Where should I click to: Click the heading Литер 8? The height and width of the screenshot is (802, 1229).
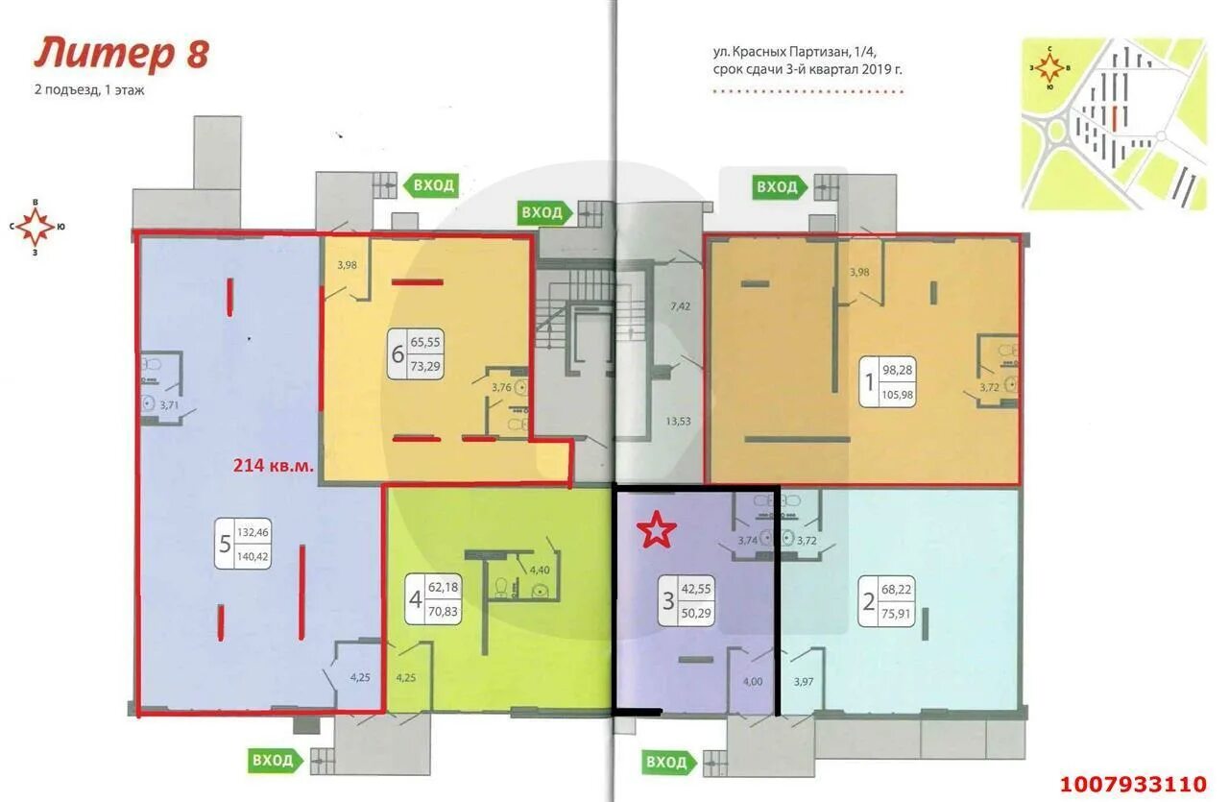[122, 54]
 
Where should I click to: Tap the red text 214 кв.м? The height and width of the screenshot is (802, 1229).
[274, 466]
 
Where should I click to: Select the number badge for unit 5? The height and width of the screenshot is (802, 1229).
[243, 544]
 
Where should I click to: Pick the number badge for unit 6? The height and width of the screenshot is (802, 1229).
[416, 353]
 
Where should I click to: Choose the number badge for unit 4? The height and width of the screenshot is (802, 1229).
[433, 599]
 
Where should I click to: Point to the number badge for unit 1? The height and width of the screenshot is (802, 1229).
[886, 381]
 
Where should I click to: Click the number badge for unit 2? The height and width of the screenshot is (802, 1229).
[886, 601]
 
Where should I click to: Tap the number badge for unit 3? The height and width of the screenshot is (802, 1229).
[687, 600]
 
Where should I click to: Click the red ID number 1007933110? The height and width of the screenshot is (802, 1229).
[1133, 784]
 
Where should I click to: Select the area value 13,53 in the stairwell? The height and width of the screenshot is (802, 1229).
[678, 422]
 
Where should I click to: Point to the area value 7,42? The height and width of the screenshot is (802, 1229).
[680, 306]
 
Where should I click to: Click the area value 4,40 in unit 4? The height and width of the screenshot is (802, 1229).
[540, 570]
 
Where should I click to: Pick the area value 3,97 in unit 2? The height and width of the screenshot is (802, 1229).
[804, 682]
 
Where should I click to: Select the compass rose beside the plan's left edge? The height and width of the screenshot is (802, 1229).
[35, 227]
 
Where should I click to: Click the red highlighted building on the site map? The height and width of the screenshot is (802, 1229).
[1115, 118]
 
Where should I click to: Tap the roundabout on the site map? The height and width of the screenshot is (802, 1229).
[1051, 132]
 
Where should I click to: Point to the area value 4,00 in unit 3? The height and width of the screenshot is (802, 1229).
[752, 681]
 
